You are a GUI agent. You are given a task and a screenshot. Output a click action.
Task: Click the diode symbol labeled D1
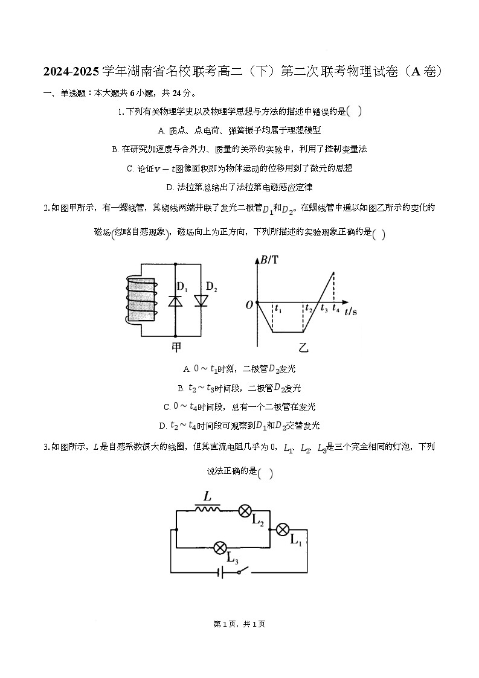tap(175, 300)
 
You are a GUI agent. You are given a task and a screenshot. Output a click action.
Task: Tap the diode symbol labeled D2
tap(201, 300)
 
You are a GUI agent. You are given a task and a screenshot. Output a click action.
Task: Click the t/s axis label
tap(350, 312)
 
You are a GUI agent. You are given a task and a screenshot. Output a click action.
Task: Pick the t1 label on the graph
tap(277, 309)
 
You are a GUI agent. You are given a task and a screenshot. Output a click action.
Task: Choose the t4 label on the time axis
tap(336, 309)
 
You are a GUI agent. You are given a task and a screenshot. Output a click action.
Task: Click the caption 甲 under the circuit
tap(176, 347)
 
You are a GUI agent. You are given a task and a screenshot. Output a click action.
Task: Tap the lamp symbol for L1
tap(283, 529)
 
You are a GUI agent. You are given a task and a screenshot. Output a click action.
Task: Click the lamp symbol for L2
tap(245, 511)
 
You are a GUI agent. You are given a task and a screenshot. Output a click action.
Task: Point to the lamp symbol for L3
tap(220, 548)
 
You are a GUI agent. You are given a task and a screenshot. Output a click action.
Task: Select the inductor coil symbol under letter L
tap(207, 509)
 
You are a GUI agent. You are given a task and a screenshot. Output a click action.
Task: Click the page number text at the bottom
tap(239, 624)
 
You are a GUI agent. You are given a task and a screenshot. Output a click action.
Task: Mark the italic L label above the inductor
tap(207, 497)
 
